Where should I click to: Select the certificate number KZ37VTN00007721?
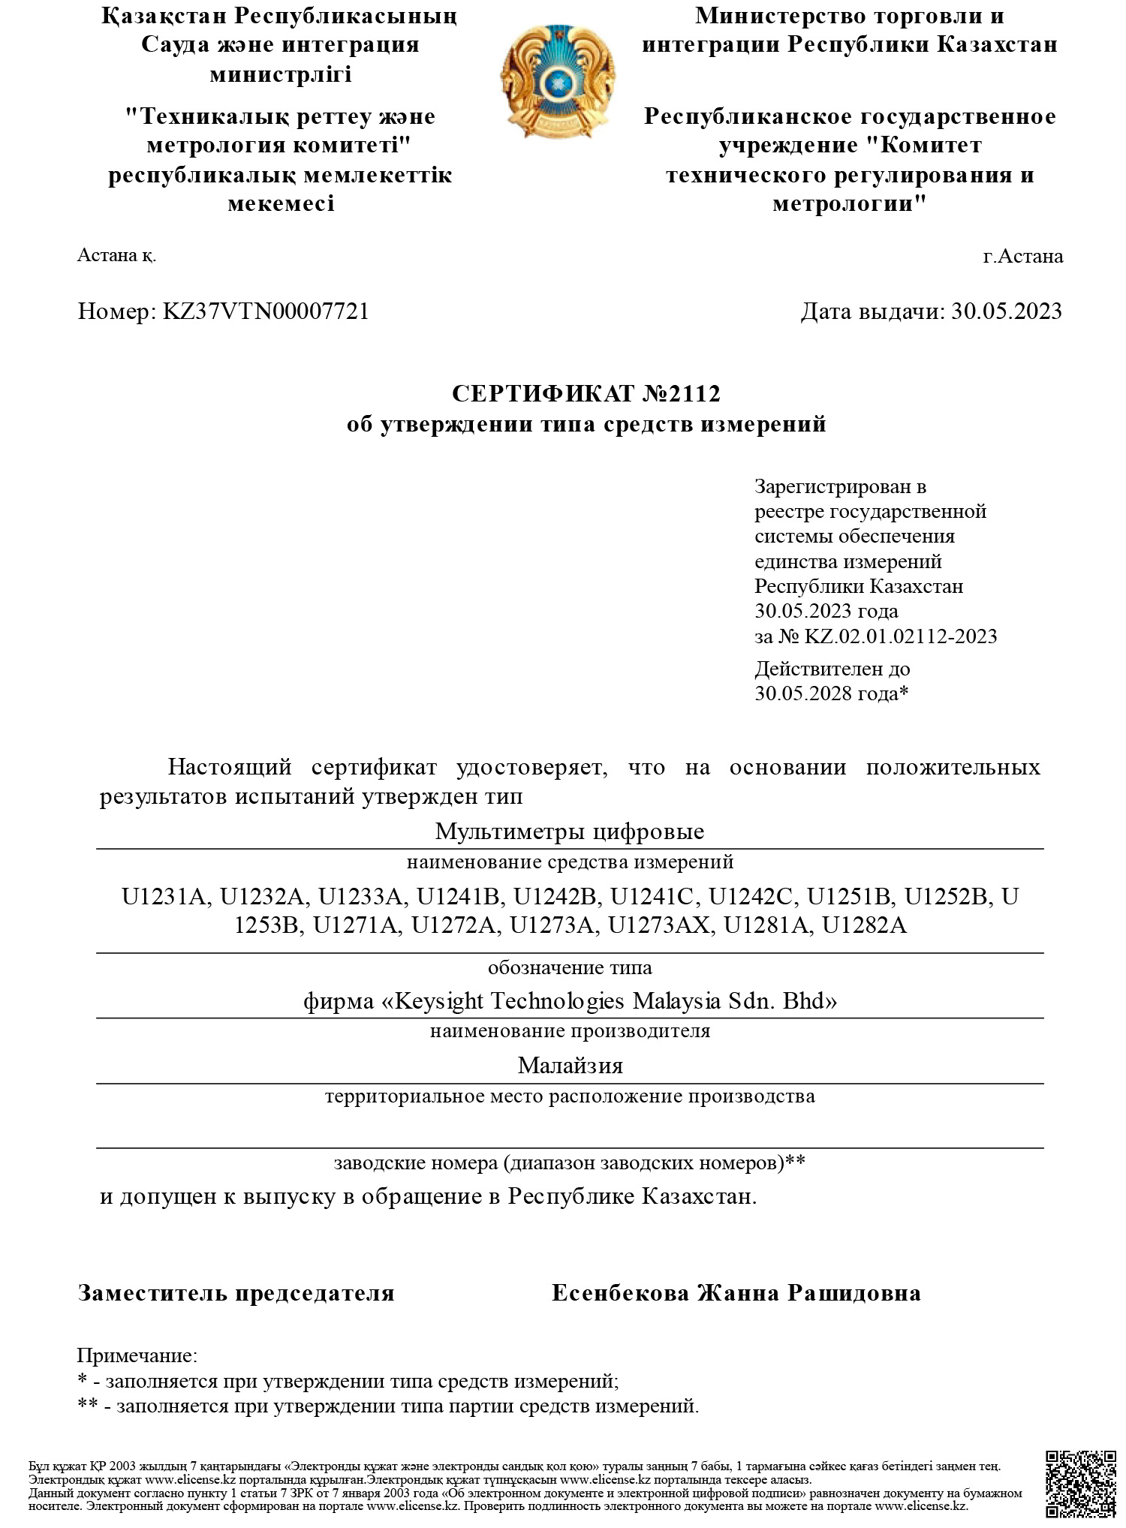(x=266, y=311)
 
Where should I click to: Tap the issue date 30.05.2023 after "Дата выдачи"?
(x=1006, y=311)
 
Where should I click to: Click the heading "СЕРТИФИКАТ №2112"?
(x=586, y=393)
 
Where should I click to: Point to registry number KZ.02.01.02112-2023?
(x=900, y=636)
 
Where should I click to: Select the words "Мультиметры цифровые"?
(x=569, y=832)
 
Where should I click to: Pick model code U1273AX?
(x=658, y=926)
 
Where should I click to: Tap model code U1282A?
(x=864, y=926)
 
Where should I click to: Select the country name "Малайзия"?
(x=570, y=1066)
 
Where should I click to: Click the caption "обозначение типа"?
(x=570, y=967)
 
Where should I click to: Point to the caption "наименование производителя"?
(x=570, y=1031)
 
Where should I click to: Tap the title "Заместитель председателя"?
(x=236, y=1293)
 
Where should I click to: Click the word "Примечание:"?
(x=137, y=1355)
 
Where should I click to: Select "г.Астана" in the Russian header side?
(x=1022, y=257)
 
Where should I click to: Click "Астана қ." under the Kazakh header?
(x=116, y=256)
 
